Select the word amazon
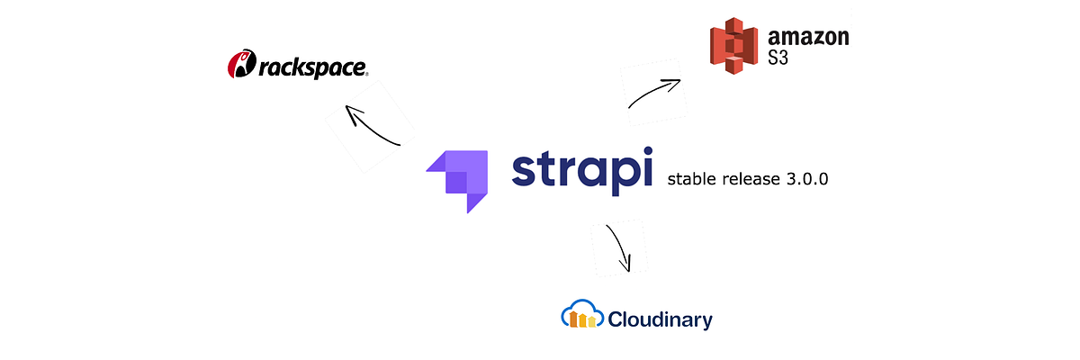809,38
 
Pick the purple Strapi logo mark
456,181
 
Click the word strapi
581,171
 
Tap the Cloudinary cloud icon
581,316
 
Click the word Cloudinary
660,319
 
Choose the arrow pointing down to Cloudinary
620,247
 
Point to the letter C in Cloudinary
616,319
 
